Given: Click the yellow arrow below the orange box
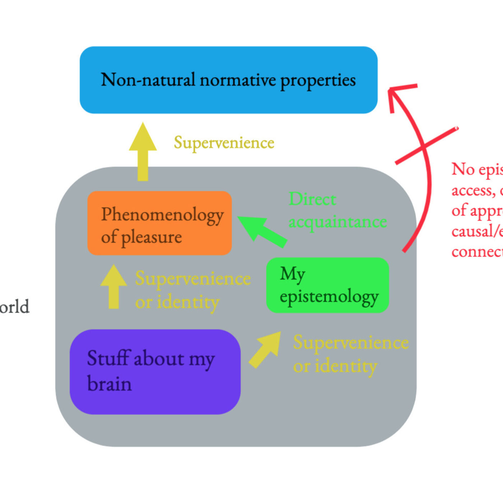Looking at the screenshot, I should [x=114, y=287].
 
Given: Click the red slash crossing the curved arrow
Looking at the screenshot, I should [x=427, y=146].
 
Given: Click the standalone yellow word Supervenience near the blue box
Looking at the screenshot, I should [x=224, y=143].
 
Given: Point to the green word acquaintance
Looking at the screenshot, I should [x=338, y=221].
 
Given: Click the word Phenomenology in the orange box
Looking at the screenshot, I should [x=162, y=215].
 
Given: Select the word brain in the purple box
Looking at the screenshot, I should [x=110, y=384].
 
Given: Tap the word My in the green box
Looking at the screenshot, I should [x=292, y=274].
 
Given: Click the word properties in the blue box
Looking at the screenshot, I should [x=318, y=80].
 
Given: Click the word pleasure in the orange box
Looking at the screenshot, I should [x=151, y=237].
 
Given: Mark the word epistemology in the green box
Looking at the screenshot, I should [x=329, y=297].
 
